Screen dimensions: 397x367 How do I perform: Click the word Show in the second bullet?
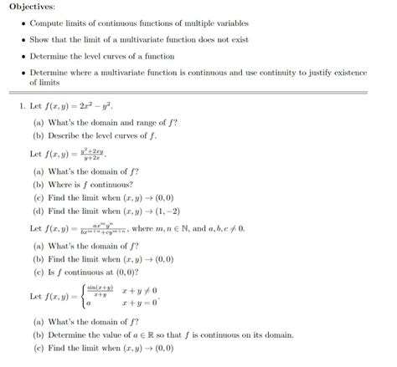40,39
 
